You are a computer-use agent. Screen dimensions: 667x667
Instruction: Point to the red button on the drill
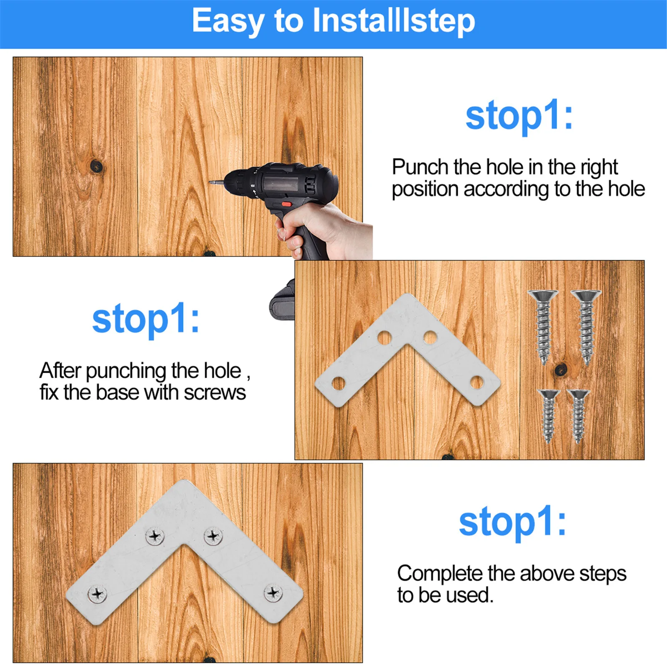(286, 204)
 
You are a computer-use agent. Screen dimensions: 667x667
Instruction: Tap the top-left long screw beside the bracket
(543, 325)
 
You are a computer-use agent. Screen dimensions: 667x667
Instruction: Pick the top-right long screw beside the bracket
(586, 325)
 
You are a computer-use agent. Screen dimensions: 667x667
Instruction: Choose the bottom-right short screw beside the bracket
(578, 415)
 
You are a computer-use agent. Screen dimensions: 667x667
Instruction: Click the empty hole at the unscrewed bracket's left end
(338, 383)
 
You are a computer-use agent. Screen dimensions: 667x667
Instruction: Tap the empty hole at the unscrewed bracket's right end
(476, 382)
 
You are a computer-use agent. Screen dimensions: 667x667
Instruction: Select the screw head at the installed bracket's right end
(273, 592)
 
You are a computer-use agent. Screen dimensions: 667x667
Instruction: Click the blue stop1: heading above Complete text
(512, 522)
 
